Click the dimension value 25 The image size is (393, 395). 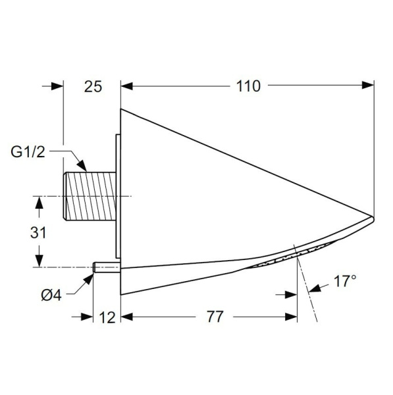[93, 86]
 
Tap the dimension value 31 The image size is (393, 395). [39, 232]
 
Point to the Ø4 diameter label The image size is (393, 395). [51, 294]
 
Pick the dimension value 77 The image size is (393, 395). [210, 317]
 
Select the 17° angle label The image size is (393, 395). [344, 282]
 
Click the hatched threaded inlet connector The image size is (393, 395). [90, 196]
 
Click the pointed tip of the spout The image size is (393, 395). [372, 217]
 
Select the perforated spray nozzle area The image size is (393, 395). [283, 259]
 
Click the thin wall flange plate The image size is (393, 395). [117, 197]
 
